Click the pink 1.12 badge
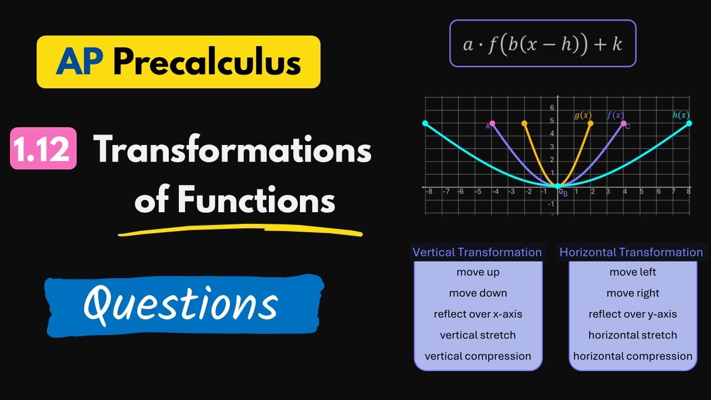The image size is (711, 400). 43,148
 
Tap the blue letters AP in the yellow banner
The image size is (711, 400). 79,62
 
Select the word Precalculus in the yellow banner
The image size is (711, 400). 207,62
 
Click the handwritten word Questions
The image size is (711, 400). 181,304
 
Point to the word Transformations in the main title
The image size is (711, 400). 232,148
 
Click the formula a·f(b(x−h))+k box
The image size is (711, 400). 543,43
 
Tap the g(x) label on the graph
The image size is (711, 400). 583,116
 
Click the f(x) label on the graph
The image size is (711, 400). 615,115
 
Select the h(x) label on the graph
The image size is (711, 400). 681,115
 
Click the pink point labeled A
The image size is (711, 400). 492,123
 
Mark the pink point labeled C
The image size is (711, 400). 623,123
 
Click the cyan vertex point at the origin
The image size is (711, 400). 558,186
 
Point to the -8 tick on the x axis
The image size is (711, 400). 428,192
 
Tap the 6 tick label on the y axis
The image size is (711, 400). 552,108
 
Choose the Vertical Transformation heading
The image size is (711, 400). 477,252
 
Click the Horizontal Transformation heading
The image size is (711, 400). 631,252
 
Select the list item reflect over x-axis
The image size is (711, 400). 478,314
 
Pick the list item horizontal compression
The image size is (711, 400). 633,356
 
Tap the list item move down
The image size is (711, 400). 478,293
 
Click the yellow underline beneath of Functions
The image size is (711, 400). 241,230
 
